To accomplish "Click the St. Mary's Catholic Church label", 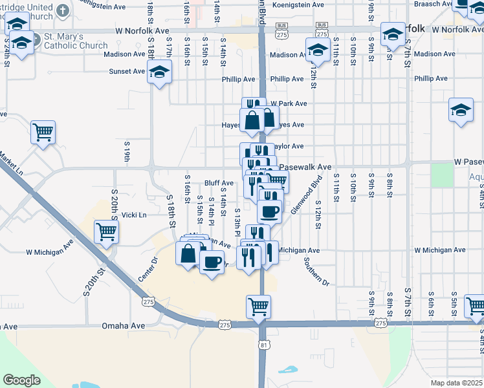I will point(76,41).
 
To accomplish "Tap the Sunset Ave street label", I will point(127,72).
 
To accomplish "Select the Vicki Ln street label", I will point(135,215).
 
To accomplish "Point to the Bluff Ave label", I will point(219,183).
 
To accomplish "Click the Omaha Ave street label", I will point(124,327).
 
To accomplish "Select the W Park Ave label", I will point(289,103).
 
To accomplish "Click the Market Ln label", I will point(12,164).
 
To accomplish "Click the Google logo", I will point(22,380).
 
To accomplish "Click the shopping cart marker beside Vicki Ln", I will point(105,232).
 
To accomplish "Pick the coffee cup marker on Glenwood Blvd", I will point(269,211).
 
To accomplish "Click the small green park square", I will point(442,175).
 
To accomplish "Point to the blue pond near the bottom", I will point(286,371).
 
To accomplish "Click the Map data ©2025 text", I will point(456,383).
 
